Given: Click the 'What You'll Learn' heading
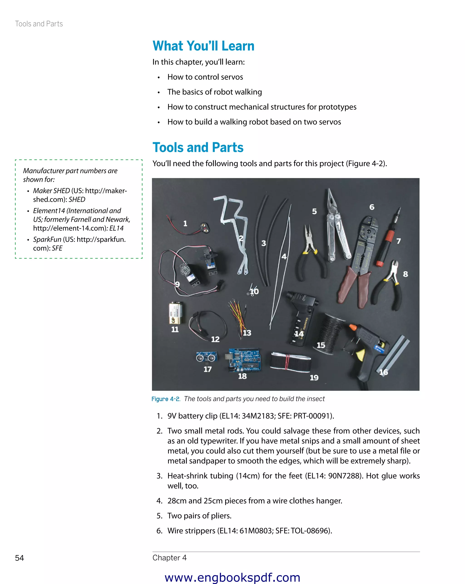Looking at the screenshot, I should (x=203, y=46).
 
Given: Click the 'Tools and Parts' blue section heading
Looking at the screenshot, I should (x=198, y=148).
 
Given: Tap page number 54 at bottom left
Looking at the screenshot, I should (x=19, y=558).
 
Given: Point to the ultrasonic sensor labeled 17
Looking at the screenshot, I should (x=206, y=358).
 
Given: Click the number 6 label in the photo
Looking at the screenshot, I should (x=372, y=207).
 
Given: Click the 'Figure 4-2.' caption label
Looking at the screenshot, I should (x=166, y=399).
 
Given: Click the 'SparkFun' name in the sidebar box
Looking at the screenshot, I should (x=47, y=239).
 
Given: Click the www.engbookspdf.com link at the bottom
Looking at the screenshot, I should (x=232, y=577).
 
